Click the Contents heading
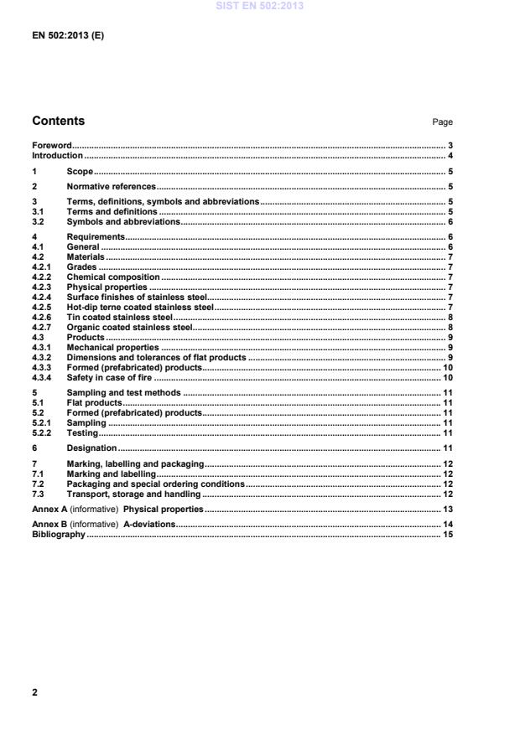coord(58,121)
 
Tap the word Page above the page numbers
coord(442,122)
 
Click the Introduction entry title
coord(57,156)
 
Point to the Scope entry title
coord(80,172)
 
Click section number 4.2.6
coord(41,317)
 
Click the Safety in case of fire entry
coord(112,377)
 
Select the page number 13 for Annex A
coord(448,510)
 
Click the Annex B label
coord(49,525)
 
